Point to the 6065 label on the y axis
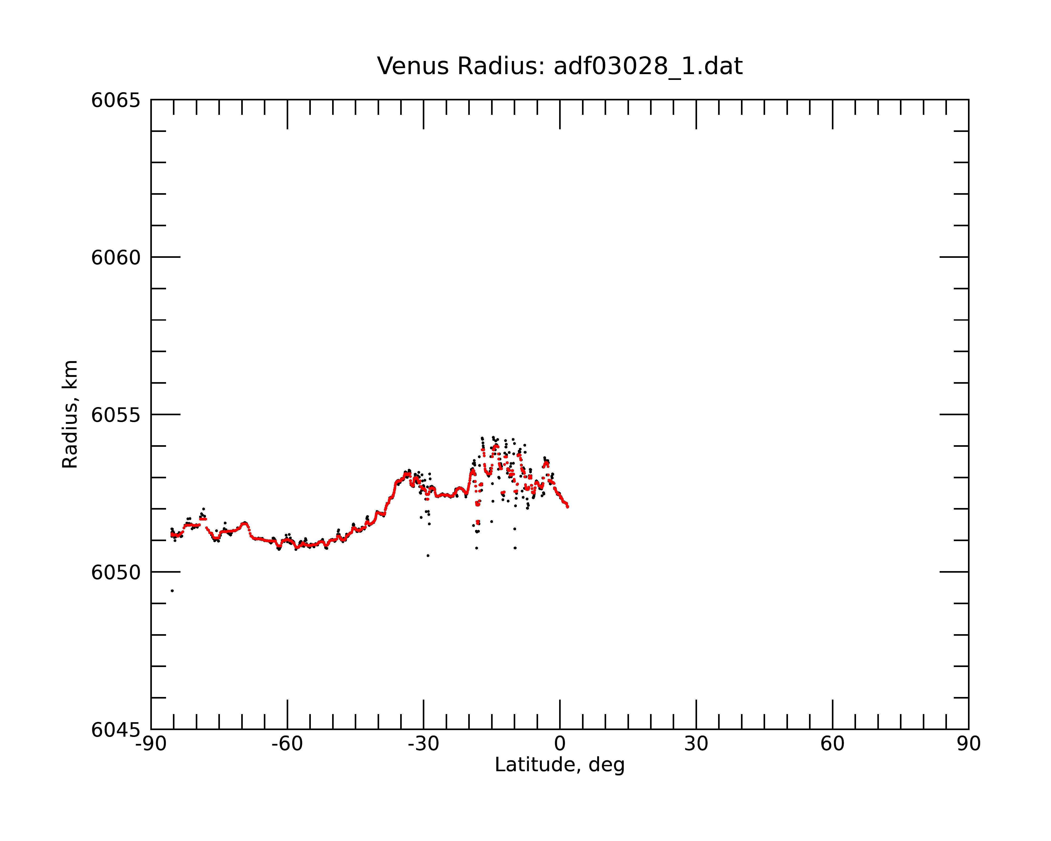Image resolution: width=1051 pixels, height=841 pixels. (x=116, y=100)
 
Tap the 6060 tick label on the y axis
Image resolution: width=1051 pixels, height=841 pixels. (x=116, y=257)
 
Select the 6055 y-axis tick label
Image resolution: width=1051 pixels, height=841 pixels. (x=116, y=415)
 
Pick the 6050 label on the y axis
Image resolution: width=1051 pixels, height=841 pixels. (x=116, y=572)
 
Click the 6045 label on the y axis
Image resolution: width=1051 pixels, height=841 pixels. (x=116, y=730)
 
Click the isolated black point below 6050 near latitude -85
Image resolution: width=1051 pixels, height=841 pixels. (x=172, y=591)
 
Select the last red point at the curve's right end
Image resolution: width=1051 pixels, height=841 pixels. (x=568, y=506)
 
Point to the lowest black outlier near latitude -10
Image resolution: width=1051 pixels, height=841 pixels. (x=515, y=548)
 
